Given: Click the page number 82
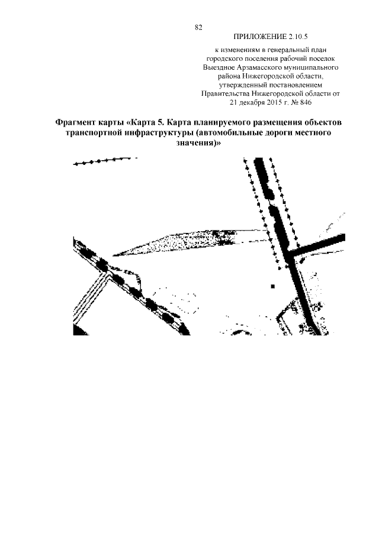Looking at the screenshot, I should (198, 27).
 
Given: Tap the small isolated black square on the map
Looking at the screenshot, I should (273, 286).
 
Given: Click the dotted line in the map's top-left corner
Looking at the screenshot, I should (101, 161).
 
